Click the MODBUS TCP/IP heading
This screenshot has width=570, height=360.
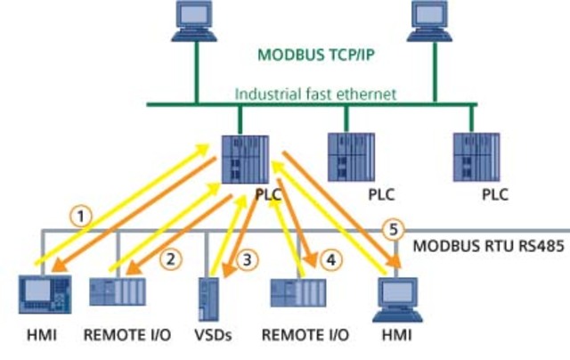click(315, 54)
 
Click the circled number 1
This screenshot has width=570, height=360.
click(82, 215)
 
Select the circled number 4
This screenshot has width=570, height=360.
click(330, 260)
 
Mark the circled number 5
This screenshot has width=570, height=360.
click(390, 228)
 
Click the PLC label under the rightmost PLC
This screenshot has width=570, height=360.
click(495, 193)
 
